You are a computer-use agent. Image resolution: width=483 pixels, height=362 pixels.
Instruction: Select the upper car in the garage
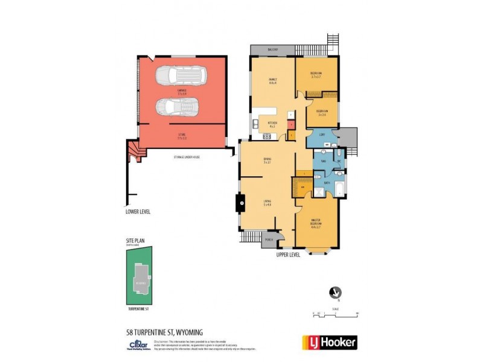coord(181,76)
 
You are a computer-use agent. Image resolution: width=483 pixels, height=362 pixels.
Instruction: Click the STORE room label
coord(182,136)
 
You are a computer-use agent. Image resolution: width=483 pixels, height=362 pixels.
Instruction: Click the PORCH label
coord(269,239)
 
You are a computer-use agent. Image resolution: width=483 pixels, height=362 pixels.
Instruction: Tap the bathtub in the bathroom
coord(339,186)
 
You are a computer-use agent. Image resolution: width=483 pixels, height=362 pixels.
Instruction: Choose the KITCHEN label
coord(272,125)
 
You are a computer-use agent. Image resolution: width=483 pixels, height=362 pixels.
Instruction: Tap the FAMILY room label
coord(272,81)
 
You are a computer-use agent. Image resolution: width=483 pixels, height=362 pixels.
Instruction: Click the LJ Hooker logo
coord(330,341)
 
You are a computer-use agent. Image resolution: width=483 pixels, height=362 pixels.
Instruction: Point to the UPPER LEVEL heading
coord(288,255)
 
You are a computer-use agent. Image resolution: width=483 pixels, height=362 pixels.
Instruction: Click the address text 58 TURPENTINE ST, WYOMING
coord(159,332)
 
